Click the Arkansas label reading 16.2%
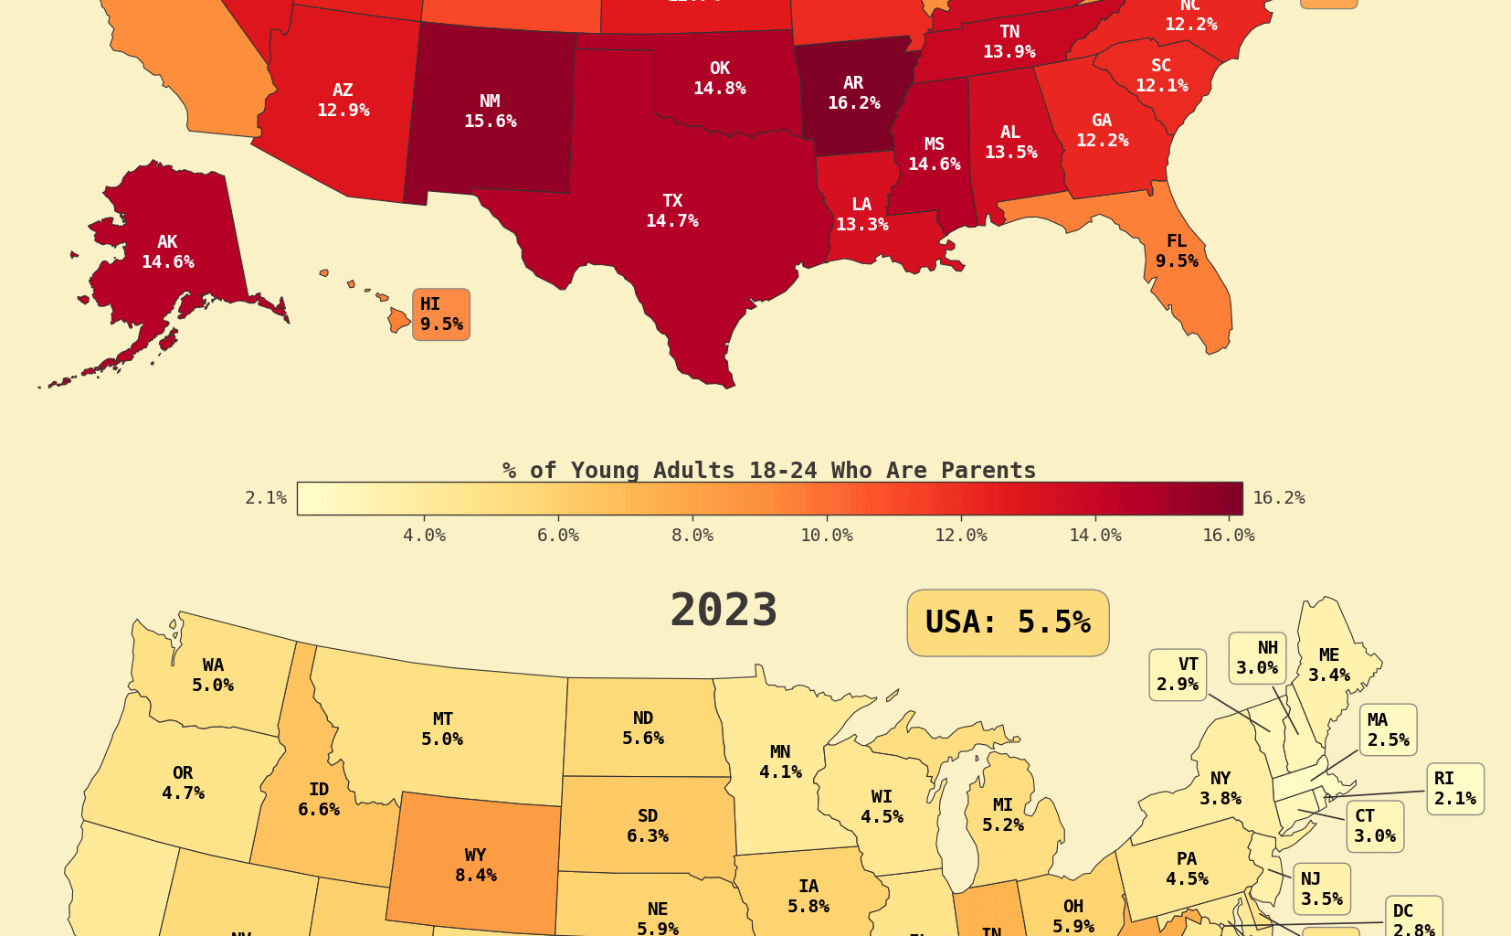tap(853, 93)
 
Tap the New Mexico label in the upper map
tap(490, 112)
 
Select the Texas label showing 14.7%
tap(672, 211)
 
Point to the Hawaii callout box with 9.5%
tap(441, 314)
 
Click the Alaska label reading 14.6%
tap(167, 252)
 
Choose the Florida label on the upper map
tap(1177, 251)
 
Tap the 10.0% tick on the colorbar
tap(827, 536)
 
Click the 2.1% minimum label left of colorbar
tap(266, 498)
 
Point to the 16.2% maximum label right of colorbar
tap(1278, 498)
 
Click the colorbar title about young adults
tap(769, 471)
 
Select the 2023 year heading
tap(724, 611)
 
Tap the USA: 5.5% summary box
tap(1008, 622)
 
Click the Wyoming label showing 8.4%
tap(475, 866)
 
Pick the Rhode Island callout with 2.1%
tap(1455, 789)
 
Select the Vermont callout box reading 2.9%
tap(1178, 675)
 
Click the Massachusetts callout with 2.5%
tap(1388, 730)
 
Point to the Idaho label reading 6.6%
tap(318, 800)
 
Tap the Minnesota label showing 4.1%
tap(780, 762)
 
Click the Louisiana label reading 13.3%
tap(861, 215)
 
